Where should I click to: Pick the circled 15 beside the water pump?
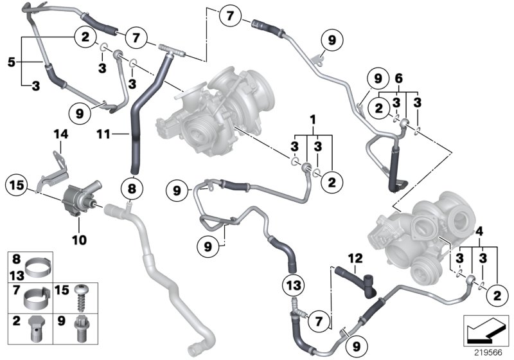(16, 187)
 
